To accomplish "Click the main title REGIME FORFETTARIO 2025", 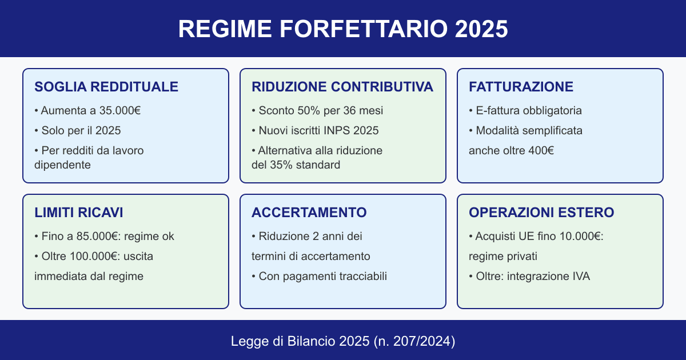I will point(343,29).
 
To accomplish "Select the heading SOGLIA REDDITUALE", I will point(106,87).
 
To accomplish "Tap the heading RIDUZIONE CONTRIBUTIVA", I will point(342,87).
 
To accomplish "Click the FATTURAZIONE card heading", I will point(521,87).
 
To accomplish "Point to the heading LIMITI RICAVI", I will point(79,213).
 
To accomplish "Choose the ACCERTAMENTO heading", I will point(309,213).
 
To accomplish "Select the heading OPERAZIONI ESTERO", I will point(541,213).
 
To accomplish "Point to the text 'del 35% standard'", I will point(296,165).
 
